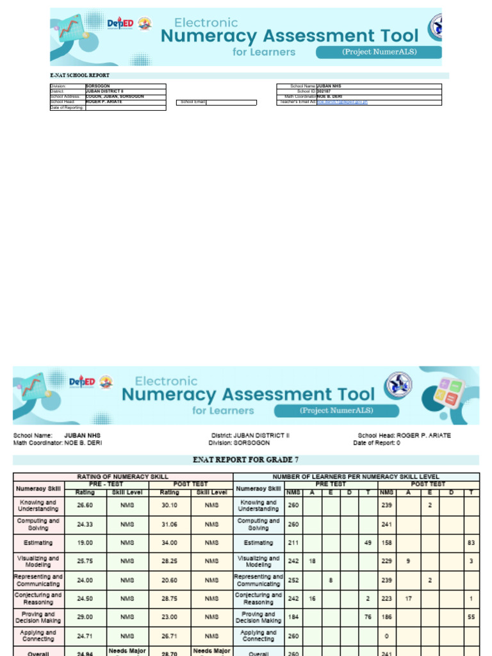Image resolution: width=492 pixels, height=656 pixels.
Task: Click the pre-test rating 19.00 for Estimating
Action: coord(85,543)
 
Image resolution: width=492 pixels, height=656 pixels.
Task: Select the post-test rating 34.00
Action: coord(170,543)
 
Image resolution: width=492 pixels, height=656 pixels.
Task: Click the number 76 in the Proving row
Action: coord(368,617)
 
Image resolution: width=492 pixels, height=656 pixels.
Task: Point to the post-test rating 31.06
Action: coord(170,524)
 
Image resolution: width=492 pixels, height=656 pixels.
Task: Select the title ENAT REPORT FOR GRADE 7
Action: coord(245,460)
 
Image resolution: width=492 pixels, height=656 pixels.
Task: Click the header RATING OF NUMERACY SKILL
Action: coord(123,477)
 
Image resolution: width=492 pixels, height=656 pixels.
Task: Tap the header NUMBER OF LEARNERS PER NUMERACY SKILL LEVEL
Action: coord(356,477)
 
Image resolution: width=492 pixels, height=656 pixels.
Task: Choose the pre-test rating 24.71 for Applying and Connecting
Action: coord(85,635)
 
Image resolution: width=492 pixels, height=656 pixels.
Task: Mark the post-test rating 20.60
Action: coord(170,580)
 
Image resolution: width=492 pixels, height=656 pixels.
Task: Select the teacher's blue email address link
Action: coord(342,102)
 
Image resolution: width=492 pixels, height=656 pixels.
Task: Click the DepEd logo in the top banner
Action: coord(120,24)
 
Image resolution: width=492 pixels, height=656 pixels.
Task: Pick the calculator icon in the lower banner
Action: coord(448,393)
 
